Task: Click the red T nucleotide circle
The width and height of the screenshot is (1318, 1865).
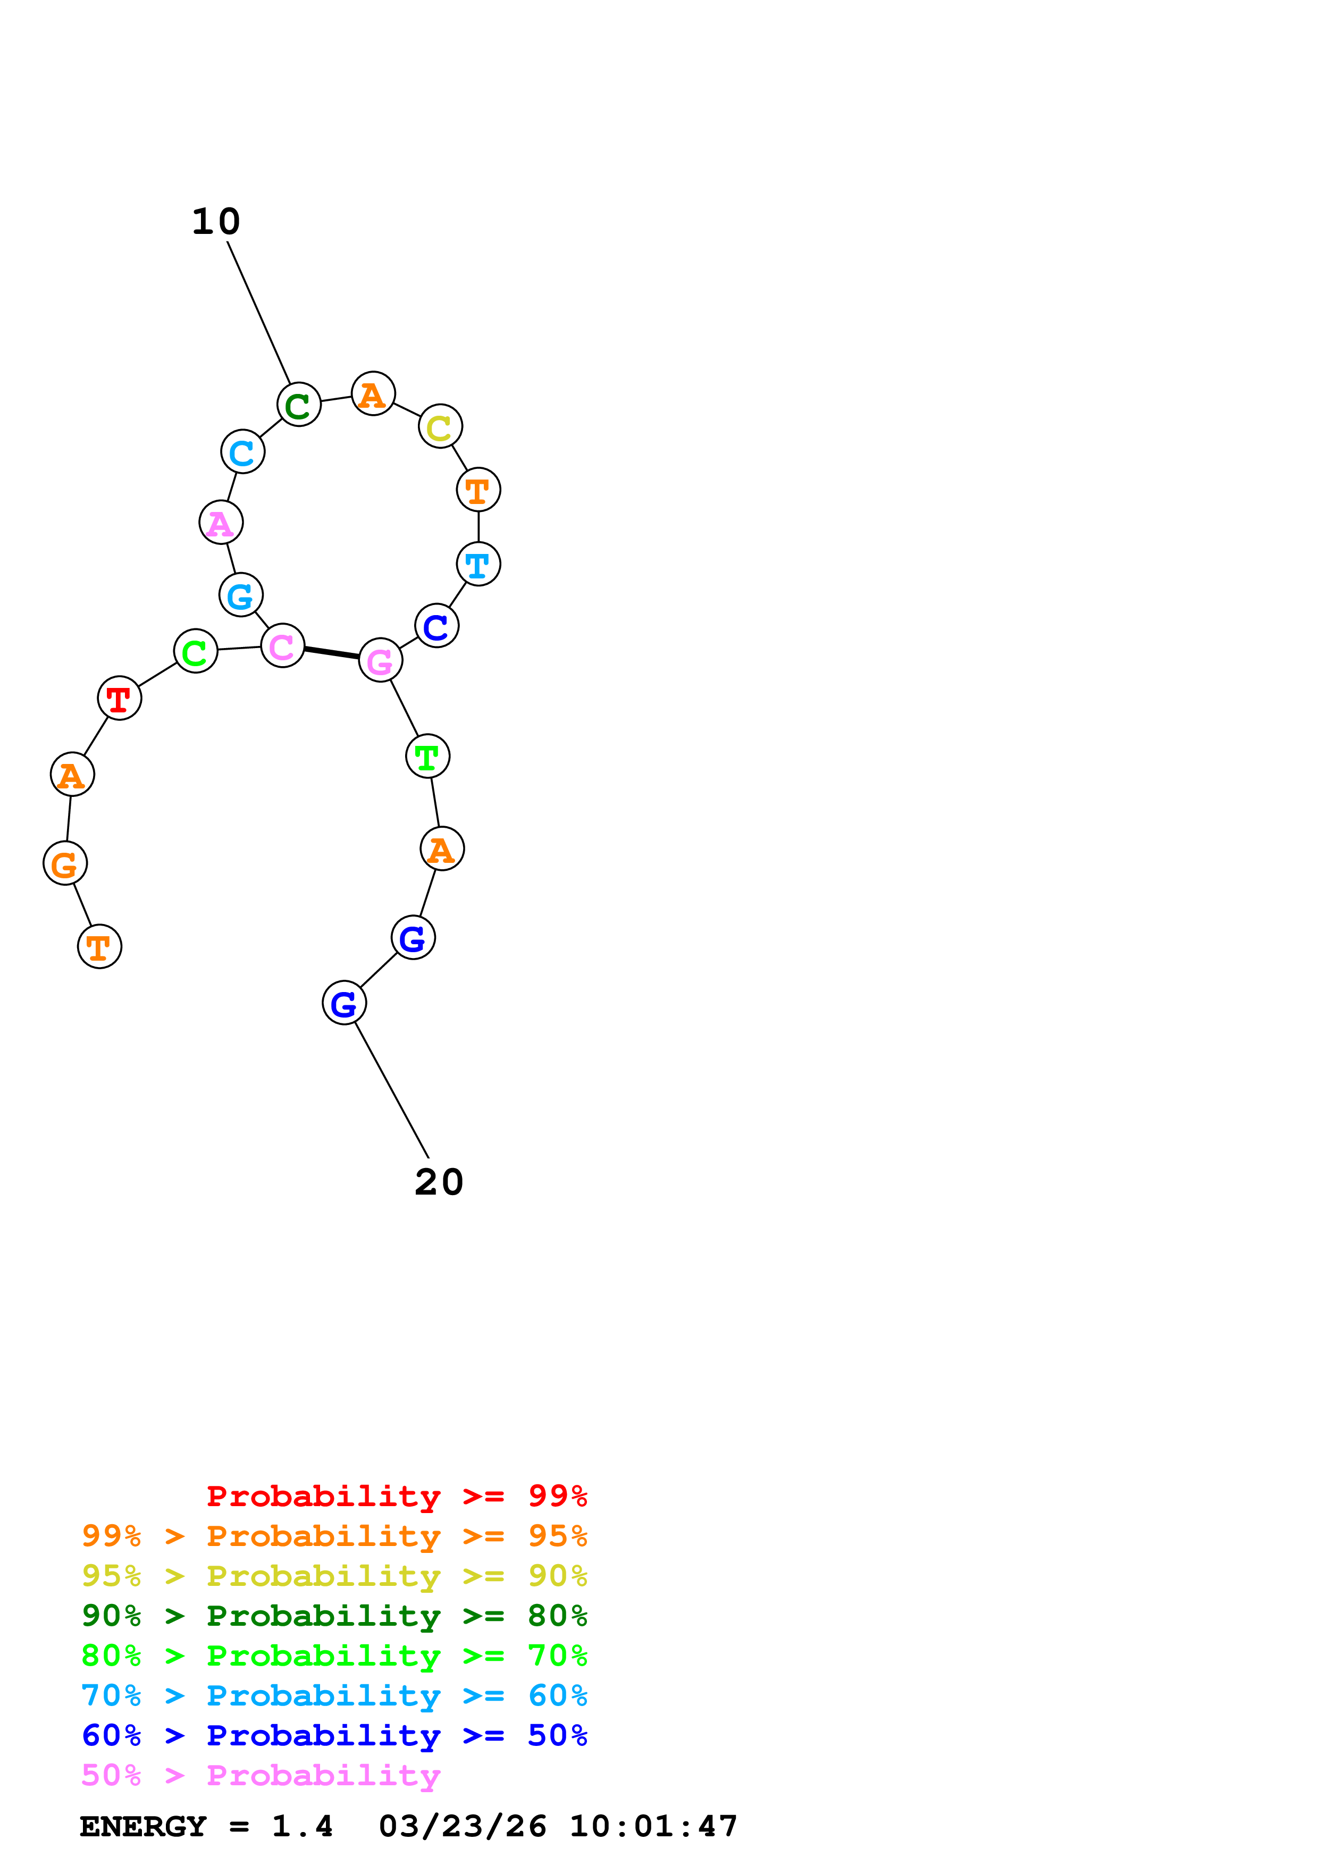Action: pos(120,698)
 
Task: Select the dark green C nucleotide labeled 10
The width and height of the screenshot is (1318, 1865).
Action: pos(299,405)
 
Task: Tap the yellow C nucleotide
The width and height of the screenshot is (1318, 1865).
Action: pos(440,426)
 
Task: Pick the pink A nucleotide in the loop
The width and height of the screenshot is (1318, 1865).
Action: pos(221,522)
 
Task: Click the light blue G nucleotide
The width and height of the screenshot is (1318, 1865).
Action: pos(241,594)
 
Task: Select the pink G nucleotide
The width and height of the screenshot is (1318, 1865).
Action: pos(380,660)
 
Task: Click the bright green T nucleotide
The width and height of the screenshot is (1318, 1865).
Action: pos(427,756)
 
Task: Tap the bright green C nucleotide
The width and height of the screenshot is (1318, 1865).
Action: pos(196,651)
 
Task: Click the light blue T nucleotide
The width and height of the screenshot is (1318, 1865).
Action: pos(478,564)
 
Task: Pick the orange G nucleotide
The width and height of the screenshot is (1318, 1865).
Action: pos(65,863)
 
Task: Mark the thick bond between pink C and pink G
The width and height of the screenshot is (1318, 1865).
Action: pos(331,653)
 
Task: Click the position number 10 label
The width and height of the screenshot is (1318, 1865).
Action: pos(216,222)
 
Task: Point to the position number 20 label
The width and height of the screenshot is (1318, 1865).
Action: pos(439,1182)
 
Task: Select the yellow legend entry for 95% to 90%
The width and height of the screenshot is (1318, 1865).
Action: pos(334,1577)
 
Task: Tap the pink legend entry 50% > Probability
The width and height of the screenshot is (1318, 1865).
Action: pos(261,1776)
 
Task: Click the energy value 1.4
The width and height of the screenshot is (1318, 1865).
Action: pos(302,1827)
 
